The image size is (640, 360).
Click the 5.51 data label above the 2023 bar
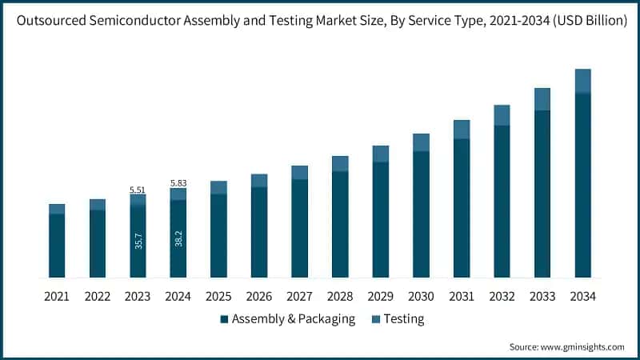138,190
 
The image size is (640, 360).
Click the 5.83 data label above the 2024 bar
178,183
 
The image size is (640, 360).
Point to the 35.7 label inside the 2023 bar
138,240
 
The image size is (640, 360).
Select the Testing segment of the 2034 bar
582,81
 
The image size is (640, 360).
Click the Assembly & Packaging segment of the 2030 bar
421,214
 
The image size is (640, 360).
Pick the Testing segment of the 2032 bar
502,115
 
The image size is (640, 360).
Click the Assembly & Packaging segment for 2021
57,246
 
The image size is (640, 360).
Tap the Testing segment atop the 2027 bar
299,173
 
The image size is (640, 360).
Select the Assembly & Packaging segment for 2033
542,194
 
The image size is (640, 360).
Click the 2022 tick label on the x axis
97,297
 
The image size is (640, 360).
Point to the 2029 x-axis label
380,297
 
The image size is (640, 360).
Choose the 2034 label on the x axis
582,297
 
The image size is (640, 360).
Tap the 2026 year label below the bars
258,297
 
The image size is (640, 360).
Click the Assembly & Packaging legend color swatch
224,319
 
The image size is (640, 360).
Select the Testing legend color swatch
375,319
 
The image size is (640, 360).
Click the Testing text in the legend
404,319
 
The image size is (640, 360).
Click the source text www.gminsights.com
583,346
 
